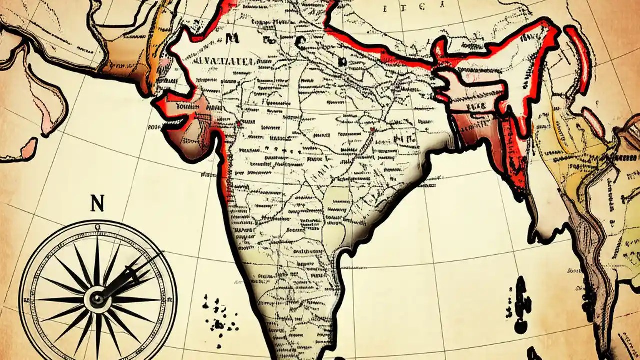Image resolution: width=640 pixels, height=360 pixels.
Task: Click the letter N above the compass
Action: point(97,204)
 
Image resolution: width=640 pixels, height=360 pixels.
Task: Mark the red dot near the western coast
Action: point(240,123)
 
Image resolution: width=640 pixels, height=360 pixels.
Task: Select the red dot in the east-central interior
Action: point(372,129)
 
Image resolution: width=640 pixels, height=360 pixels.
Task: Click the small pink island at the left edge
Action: point(28,147)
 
